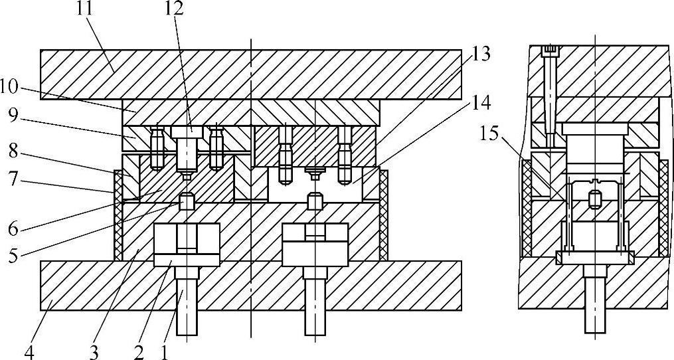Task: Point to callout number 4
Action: click(x=29, y=350)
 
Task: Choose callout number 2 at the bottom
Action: click(x=137, y=350)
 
